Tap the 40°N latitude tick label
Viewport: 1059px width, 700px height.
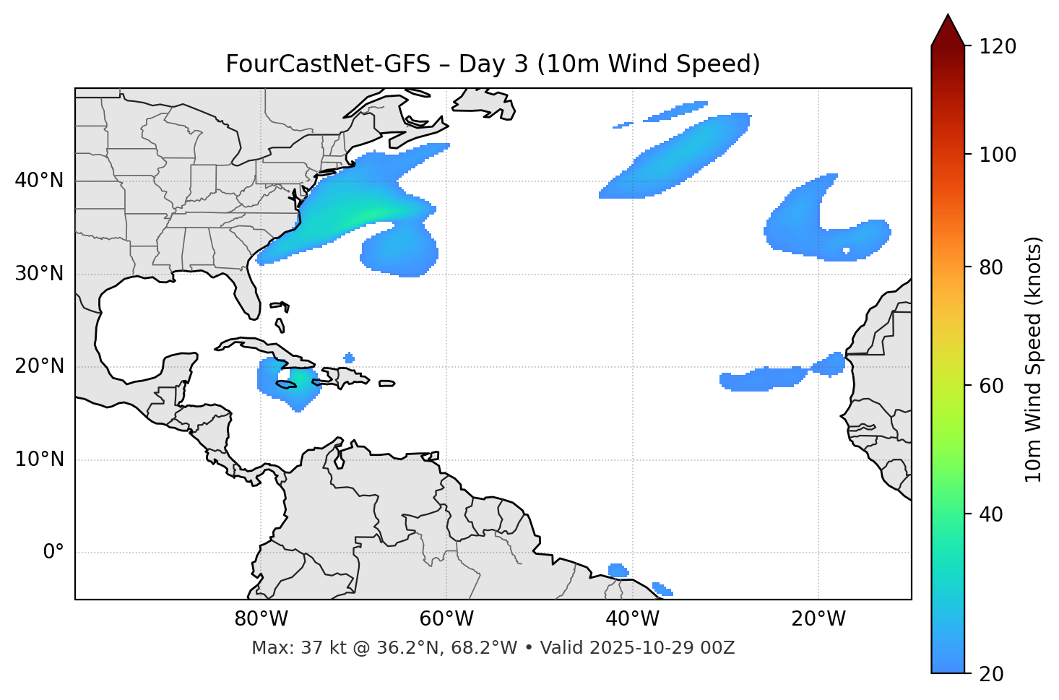pos(39,181)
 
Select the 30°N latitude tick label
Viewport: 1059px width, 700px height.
pos(39,274)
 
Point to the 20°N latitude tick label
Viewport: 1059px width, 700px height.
pos(39,366)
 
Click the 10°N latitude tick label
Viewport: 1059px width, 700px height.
pos(39,459)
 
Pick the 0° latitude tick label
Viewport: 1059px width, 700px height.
pos(53,553)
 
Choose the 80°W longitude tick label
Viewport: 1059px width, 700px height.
pos(261,619)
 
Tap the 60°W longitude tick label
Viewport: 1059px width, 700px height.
pos(446,619)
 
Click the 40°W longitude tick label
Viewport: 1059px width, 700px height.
pos(633,619)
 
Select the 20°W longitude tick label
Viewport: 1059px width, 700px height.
pos(818,619)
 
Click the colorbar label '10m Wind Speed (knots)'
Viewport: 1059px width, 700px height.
pos(1034,359)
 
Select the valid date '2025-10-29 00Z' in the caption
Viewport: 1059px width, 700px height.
pos(662,648)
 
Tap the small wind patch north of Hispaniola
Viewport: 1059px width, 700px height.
pos(350,358)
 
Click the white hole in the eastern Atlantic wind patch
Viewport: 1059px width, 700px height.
pos(847,251)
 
